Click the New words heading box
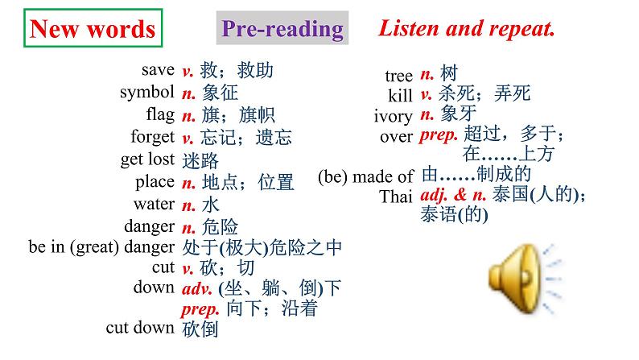(92, 30)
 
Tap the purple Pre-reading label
(282, 30)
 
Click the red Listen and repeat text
(467, 29)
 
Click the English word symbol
(146, 92)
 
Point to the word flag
(160, 114)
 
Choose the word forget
(152, 137)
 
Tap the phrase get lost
(147, 159)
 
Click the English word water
(154, 204)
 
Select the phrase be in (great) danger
(101, 247)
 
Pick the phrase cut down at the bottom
(140, 327)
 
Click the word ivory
(394, 117)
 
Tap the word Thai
(398, 196)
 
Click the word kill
(400, 96)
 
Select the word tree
(398, 76)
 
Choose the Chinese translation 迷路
(200, 160)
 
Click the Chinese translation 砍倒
(200, 328)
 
